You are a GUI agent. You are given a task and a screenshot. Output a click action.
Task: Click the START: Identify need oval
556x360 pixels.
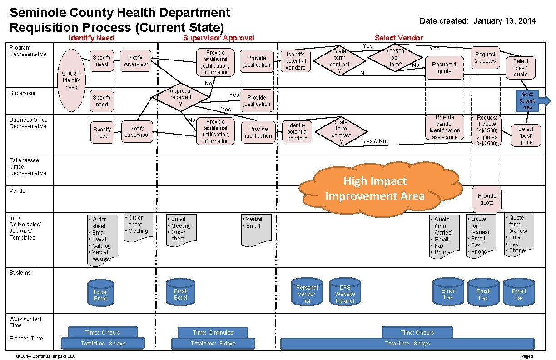[72, 80]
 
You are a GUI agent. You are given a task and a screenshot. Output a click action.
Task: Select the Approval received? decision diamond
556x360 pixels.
[180, 97]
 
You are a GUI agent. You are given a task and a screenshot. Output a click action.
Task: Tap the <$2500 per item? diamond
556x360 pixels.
[395, 58]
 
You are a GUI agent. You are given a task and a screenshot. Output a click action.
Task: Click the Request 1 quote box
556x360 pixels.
[444, 68]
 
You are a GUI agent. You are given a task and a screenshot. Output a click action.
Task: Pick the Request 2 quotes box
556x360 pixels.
[485, 58]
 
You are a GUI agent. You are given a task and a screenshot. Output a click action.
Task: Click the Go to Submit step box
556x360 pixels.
[527, 101]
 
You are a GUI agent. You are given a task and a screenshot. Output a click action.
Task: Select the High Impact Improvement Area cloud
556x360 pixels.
[375, 189]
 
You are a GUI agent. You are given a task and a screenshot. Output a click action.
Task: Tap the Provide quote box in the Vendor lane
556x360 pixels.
[486, 199]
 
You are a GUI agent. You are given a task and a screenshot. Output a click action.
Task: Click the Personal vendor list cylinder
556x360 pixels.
[307, 294]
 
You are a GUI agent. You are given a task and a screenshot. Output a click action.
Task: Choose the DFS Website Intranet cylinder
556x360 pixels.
[345, 294]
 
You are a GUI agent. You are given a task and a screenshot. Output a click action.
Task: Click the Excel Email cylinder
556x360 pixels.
[101, 295]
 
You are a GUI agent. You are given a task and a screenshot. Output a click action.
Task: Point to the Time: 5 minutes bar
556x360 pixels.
[213, 333]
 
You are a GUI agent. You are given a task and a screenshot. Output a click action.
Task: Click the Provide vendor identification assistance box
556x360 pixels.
[445, 127]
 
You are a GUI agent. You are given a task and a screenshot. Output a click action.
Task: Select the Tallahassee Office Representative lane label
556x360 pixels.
[28, 166]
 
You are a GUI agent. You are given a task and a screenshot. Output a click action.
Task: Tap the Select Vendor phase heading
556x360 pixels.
[398, 38]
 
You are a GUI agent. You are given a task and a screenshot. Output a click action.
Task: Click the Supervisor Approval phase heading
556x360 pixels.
[218, 38]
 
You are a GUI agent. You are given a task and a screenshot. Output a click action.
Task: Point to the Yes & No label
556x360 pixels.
[374, 141]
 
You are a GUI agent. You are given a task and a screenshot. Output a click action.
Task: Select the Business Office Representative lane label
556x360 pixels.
[28, 123]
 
